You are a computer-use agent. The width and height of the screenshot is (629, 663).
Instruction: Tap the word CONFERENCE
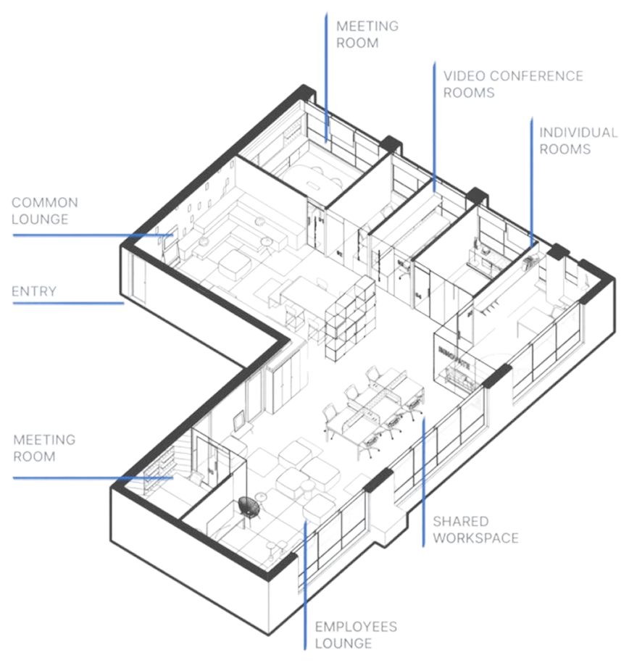[x=536, y=76]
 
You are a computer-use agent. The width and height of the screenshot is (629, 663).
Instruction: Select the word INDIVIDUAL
[x=578, y=133]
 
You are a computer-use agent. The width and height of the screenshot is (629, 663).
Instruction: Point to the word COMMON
[x=45, y=203]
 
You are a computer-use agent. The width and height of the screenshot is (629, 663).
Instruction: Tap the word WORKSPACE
[x=475, y=538]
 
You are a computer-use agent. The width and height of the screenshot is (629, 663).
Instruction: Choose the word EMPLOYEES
[x=355, y=627]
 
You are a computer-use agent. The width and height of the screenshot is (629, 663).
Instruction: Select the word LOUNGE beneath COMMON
[x=40, y=219]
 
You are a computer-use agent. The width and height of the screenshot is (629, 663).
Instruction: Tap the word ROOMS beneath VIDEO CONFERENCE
[x=469, y=93]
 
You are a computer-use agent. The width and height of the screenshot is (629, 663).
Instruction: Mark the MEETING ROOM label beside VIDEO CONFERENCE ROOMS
[x=367, y=34]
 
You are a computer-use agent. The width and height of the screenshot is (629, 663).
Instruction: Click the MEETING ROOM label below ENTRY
[x=44, y=448]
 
